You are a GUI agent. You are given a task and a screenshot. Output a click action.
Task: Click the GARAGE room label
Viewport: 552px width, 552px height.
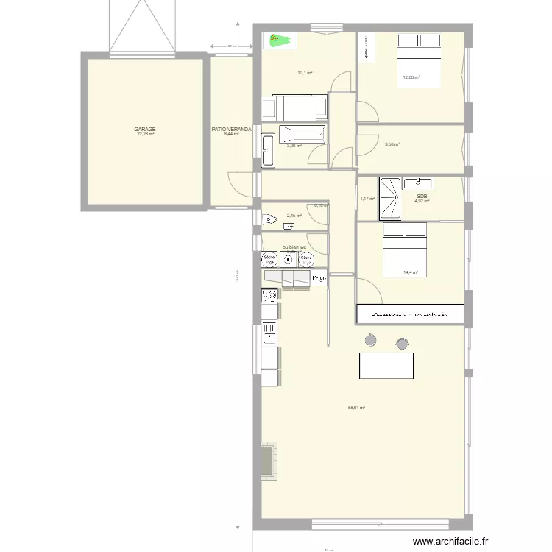(x=144, y=129)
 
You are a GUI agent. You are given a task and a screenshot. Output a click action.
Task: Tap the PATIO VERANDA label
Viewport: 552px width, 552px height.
(x=231, y=129)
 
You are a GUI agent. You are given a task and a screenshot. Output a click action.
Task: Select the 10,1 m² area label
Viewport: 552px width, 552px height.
(x=305, y=73)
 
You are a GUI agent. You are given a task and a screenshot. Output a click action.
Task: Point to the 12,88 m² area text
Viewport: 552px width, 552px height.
(x=411, y=77)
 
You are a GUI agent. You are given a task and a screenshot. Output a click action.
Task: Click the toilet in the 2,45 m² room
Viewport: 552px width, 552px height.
(x=269, y=218)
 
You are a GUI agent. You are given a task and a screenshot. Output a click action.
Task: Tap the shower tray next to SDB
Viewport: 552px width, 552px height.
(x=388, y=198)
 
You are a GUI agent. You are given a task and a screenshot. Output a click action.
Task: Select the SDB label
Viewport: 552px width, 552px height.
(x=422, y=196)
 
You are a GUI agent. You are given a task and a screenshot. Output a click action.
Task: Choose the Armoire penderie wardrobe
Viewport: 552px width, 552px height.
(x=410, y=314)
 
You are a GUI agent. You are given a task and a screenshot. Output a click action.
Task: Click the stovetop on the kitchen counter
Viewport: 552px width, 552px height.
(x=269, y=295)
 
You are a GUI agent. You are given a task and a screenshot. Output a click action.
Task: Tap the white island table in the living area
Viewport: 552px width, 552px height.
(x=386, y=366)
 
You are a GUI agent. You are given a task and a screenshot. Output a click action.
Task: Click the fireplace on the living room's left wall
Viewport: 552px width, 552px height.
(x=266, y=461)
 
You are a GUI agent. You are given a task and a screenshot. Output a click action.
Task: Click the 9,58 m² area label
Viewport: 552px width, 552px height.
(x=392, y=144)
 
